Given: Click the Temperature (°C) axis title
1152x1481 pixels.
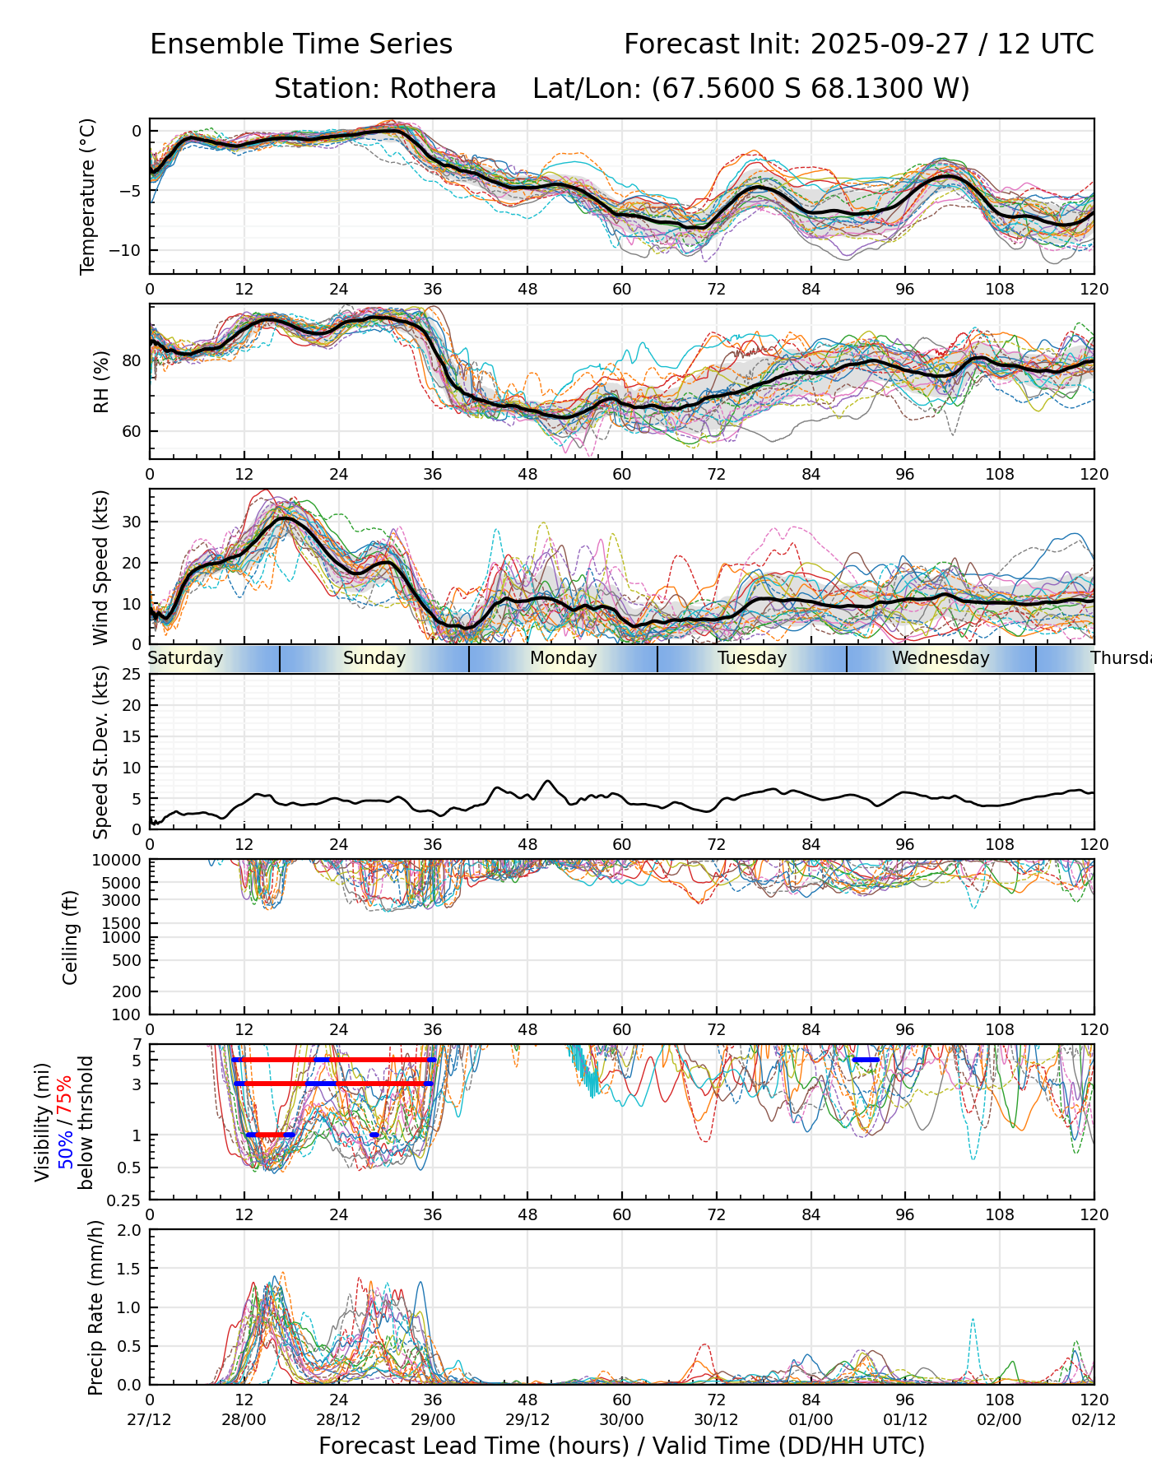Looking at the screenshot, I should click(x=88, y=196).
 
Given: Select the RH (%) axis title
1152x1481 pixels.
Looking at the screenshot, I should click(x=101, y=381).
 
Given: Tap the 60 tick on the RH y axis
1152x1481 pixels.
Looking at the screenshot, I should click(x=132, y=431).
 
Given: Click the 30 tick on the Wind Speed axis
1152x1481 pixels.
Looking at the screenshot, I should click(x=132, y=522).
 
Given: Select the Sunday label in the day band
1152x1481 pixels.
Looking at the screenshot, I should click(x=374, y=658).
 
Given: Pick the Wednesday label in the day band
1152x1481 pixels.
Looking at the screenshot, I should click(x=941, y=658).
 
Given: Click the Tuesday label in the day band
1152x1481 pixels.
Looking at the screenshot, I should click(x=752, y=658).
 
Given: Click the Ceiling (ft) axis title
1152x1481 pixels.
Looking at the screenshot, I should click(x=71, y=937).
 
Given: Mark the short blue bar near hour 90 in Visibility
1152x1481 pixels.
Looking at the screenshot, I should click(x=866, y=1060).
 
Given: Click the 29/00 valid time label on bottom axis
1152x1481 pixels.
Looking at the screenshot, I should click(x=433, y=1419).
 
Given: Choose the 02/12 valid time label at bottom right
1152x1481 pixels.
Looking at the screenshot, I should click(x=1094, y=1419).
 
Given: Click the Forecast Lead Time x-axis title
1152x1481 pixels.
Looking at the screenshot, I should click(x=621, y=1446).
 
